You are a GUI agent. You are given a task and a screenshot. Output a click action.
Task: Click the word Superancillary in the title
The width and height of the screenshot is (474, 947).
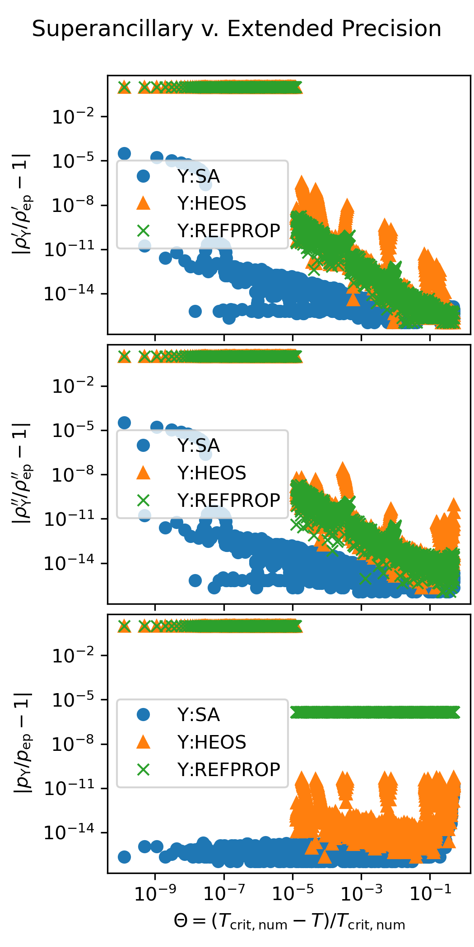pos(112,29)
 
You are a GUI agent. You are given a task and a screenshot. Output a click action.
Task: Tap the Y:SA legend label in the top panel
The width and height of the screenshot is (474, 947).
pos(198,176)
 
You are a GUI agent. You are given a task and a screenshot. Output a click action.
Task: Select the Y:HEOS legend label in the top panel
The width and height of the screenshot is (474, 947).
pos(211,204)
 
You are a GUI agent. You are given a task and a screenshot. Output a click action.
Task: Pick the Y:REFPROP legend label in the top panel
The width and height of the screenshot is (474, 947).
pos(228,231)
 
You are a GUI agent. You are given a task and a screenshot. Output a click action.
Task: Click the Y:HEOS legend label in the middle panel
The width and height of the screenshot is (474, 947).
pos(211,473)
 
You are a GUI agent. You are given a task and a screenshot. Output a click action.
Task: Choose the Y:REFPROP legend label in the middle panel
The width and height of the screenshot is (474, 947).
pos(228,501)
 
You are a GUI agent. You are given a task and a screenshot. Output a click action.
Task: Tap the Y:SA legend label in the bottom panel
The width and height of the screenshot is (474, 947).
pos(198,715)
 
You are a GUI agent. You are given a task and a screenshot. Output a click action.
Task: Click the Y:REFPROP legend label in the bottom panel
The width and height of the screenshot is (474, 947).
pos(228,770)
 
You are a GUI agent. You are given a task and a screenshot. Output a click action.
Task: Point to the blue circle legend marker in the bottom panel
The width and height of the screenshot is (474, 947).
pos(143,715)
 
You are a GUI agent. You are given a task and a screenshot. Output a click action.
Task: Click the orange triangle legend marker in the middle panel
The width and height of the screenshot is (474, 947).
pos(143,473)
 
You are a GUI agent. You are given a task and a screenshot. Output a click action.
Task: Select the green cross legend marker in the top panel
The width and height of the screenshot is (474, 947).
pos(143,231)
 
